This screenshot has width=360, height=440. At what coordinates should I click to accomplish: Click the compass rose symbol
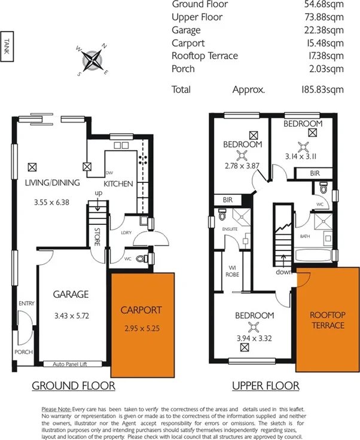pos(92,59)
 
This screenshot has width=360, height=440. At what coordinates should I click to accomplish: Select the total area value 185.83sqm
pos(324,90)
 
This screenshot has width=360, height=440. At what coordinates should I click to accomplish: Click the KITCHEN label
pos(118,184)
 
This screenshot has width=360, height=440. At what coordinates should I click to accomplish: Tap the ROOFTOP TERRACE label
pos(327,320)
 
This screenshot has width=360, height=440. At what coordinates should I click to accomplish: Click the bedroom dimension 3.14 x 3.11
pos(303,158)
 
